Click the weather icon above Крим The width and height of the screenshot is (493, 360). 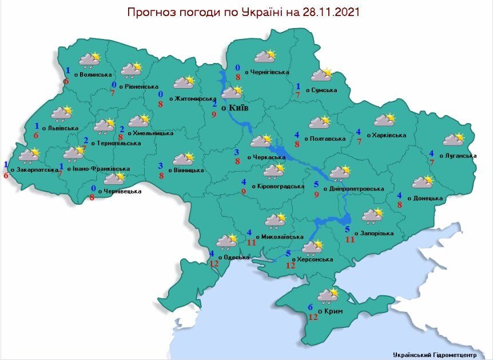(x=328, y=295)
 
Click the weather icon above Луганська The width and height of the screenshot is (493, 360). (x=454, y=139)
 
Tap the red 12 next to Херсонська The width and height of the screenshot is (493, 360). (x=291, y=266)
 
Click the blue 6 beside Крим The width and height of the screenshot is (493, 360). (x=311, y=307)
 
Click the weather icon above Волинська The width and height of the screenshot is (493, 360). (x=90, y=59)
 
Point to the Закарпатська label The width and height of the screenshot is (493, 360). (x=38, y=169)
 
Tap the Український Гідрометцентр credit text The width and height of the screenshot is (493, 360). (x=440, y=354)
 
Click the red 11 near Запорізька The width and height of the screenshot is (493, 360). (x=350, y=239)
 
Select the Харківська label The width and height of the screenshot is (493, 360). (x=388, y=136)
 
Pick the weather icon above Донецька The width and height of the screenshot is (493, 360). (x=422, y=182)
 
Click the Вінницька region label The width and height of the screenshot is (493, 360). (x=186, y=170)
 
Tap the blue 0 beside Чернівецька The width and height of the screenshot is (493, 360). (x=94, y=188)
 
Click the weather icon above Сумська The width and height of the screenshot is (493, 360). (x=321, y=75)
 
